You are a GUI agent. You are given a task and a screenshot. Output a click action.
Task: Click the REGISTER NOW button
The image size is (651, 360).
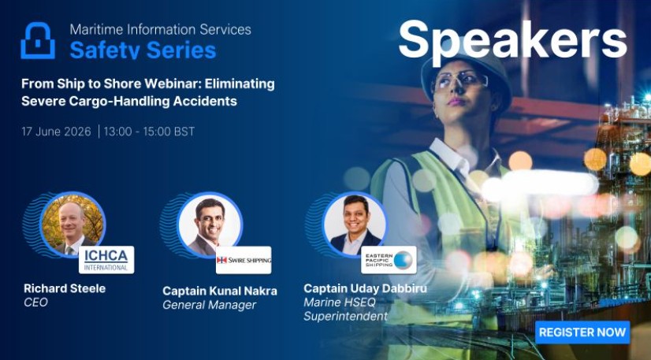pos(582,332)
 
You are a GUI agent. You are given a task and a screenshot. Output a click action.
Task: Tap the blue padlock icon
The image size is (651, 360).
pos(38,41)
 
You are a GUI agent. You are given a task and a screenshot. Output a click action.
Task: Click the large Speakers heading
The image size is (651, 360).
pos(513,40)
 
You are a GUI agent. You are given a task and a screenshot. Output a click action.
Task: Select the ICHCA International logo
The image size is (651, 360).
pos(106,260)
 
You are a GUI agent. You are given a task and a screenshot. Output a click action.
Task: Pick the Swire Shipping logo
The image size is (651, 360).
pos(244,260)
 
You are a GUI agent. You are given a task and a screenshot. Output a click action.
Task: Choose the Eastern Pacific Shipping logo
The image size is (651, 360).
pos(389,260)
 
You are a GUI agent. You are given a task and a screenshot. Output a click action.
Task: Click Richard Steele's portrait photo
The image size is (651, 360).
pos(73,225)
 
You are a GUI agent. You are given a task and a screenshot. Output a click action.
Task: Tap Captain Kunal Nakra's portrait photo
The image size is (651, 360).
pos(210,225)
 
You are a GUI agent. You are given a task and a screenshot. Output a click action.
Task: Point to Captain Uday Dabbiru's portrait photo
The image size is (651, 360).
pos(355,225)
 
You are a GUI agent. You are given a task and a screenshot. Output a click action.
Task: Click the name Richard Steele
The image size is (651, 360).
pos(65,288)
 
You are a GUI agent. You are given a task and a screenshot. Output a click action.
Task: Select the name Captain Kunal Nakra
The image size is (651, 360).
pos(220,291)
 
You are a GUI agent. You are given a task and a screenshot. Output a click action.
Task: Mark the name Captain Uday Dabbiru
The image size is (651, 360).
pos(366,288)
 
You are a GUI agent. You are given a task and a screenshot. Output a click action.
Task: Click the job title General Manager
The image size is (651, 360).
pos(210,306)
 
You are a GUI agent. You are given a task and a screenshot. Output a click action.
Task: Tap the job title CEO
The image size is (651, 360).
pos(35,302)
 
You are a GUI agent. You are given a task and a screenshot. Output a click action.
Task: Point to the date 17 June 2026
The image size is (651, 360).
pos(56,132)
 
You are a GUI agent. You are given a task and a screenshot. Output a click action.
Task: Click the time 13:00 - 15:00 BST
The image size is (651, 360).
pos(149,132)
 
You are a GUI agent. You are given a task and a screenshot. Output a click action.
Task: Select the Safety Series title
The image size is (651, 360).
pos(143,50)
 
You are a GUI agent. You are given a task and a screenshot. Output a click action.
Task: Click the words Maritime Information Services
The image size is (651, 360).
pos(160,29)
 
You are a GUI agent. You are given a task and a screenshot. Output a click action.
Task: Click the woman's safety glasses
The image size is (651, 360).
pos(461,81)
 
